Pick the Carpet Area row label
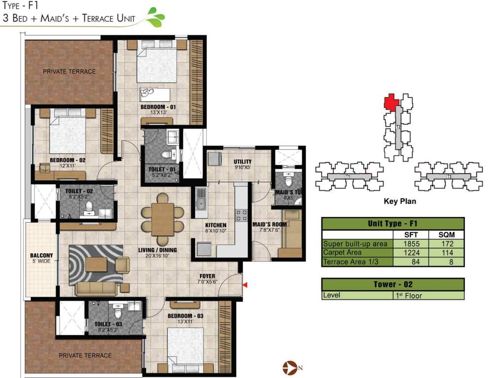pos(342,252)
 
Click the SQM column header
pos(446,234)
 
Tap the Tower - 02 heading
pos(392,284)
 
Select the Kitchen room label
pos(216,225)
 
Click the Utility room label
pos(243,161)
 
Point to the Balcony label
pos(41,255)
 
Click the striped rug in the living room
pos(96,263)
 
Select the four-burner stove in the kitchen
pos(243,215)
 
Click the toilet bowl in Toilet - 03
pos(118,313)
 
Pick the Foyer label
pos(207,276)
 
